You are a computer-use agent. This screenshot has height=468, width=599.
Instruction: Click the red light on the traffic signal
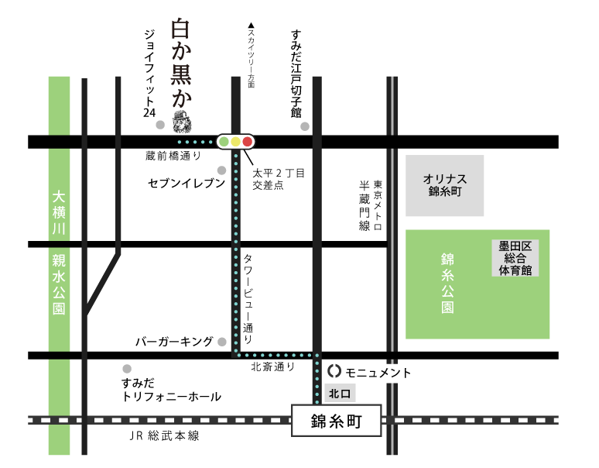click(x=248, y=142)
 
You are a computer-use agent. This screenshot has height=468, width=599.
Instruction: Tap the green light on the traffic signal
click(x=224, y=142)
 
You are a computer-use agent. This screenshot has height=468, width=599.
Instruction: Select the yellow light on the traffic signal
click(x=236, y=142)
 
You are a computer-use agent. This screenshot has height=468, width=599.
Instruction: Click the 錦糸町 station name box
click(x=335, y=422)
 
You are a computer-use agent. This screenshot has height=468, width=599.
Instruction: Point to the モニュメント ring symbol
click(x=334, y=373)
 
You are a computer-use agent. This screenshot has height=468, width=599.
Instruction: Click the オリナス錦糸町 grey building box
click(x=444, y=185)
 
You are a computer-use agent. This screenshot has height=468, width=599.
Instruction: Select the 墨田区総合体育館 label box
click(x=515, y=258)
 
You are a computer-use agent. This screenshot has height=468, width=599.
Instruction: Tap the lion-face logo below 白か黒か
click(x=182, y=122)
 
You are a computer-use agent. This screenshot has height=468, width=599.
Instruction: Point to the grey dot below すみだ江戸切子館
click(x=305, y=126)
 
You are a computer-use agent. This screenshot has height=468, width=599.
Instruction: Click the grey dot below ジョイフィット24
click(x=159, y=125)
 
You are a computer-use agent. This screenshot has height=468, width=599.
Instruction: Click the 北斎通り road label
click(x=273, y=367)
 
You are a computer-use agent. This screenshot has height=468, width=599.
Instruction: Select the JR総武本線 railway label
click(x=164, y=436)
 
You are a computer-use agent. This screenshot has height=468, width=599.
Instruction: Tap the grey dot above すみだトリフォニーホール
click(x=127, y=369)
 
